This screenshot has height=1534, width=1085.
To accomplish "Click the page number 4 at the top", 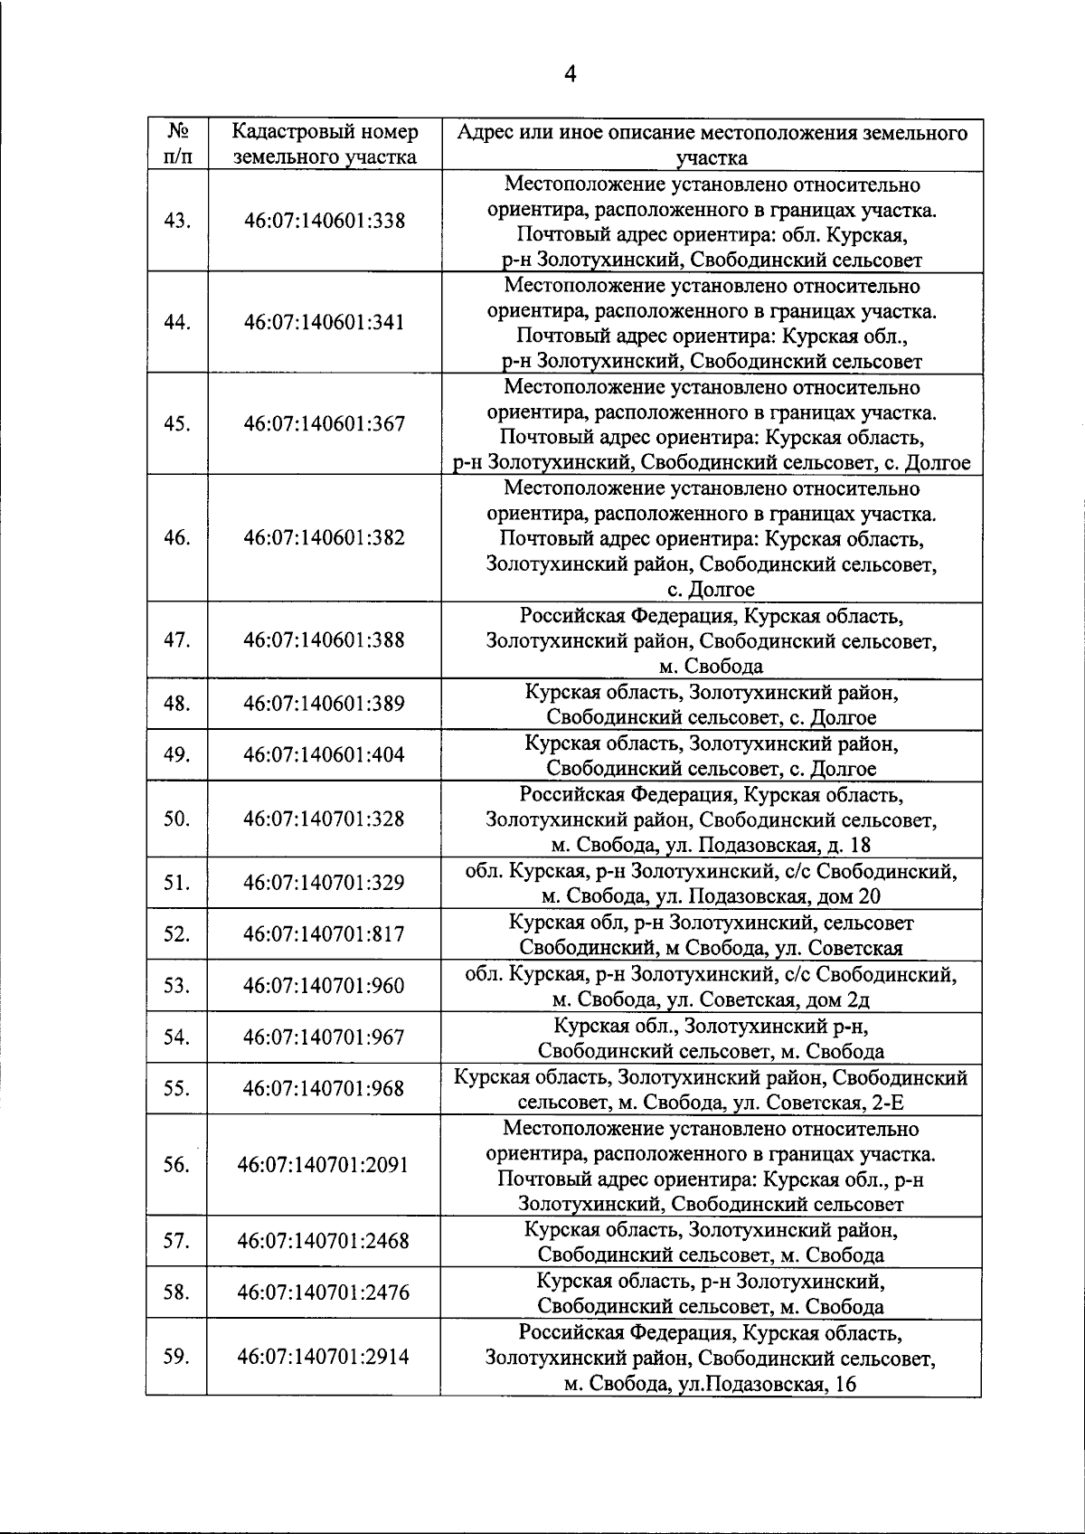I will tap(570, 73).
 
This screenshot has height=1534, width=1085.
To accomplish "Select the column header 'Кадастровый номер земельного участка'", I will tap(325, 145).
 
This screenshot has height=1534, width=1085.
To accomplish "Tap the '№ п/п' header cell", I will tap(177, 145).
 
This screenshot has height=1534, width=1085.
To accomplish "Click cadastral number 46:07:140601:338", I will tap(325, 222).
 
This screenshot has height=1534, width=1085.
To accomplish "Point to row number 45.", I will tap(177, 424).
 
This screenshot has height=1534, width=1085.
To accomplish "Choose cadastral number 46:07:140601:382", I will tap(325, 538).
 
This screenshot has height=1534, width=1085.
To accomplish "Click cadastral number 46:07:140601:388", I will tap(325, 640).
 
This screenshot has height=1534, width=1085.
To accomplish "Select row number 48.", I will tap(177, 704).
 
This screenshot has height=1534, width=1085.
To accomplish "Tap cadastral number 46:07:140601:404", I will tap(325, 755).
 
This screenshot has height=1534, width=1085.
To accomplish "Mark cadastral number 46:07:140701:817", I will tap(325, 934).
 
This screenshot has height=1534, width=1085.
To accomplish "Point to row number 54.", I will tap(177, 1037).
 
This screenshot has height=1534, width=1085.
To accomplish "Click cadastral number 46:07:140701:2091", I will tap(324, 1165).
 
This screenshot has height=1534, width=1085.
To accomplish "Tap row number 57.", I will tap(177, 1241).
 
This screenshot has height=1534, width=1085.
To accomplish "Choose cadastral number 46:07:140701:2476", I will tap(324, 1293).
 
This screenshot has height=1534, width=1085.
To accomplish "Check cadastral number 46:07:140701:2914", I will tap(324, 1357).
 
